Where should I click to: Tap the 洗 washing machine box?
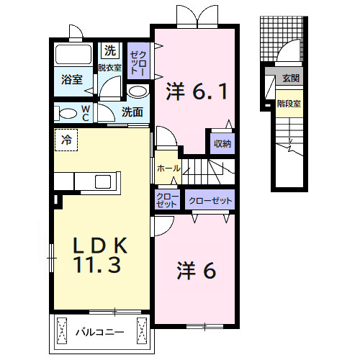109,50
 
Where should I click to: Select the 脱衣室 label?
110,67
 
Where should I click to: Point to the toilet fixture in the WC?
67,113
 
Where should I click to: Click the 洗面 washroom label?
132,112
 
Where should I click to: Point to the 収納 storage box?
222,143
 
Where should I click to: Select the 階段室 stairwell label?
289,103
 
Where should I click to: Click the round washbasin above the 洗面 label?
138,91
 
